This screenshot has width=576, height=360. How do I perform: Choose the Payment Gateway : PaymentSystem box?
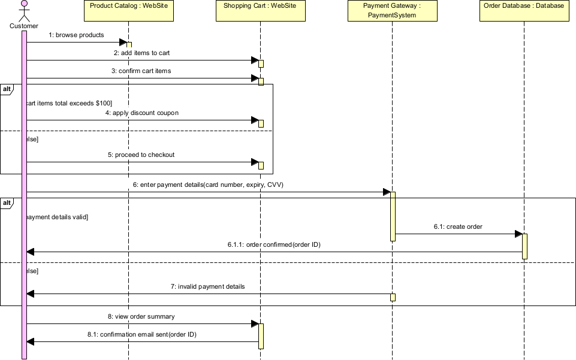pyautogui.click(x=392, y=11)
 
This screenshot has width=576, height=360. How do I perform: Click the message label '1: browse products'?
pyautogui.click(x=76, y=35)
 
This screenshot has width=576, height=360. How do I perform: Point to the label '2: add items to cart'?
pyautogui.click(x=141, y=53)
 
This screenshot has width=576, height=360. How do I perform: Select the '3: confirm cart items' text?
pyautogui.click(x=141, y=71)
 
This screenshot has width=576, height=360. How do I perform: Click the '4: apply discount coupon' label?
pyautogui.click(x=141, y=113)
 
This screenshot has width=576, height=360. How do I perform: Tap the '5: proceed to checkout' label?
pyautogui.click(x=141, y=155)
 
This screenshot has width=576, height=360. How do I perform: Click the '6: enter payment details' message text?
pyautogui.click(x=208, y=185)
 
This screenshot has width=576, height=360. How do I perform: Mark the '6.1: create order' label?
pyautogui.click(x=458, y=227)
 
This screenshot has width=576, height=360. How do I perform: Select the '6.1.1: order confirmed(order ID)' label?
pyautogui.click(x=274, y=245)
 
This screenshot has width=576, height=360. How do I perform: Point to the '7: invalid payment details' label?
pyautogui.click(x=207, y=287)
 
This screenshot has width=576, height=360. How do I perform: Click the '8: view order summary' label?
pyautogui.click(x=141, y=316)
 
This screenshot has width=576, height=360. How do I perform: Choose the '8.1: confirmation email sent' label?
pyautogui.click(x=141, y=335)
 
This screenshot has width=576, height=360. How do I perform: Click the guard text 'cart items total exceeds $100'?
pyautogui.click(x=68, y=103)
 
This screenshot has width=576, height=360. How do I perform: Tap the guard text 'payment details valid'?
pyautogui.click(x=56, y=217)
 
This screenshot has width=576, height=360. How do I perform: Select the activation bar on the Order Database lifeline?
pyautogui.click(x=524, y=246)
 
